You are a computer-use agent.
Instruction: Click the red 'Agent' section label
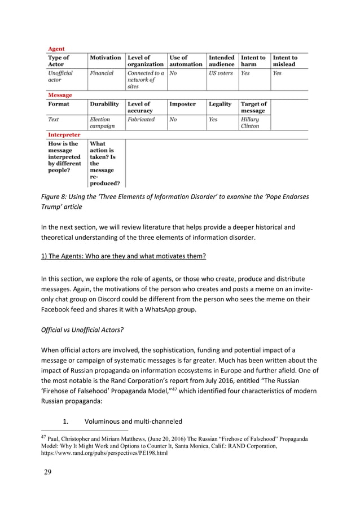point(55,49)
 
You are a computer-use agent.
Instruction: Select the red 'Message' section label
point(59,95)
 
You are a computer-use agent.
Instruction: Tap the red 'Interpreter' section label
point(63,135)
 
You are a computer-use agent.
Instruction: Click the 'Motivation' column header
point(106,58)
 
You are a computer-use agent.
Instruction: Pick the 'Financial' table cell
point(102,73)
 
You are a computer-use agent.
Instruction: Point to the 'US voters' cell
point(221,73)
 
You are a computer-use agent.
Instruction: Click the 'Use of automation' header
point(186,61)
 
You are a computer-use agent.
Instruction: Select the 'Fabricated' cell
point(141,120)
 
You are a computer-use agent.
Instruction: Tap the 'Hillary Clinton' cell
point(249,123)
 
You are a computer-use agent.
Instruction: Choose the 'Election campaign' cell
point(102,123)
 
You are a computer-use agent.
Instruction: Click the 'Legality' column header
point(220,104)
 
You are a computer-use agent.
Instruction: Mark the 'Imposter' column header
point(183,104)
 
